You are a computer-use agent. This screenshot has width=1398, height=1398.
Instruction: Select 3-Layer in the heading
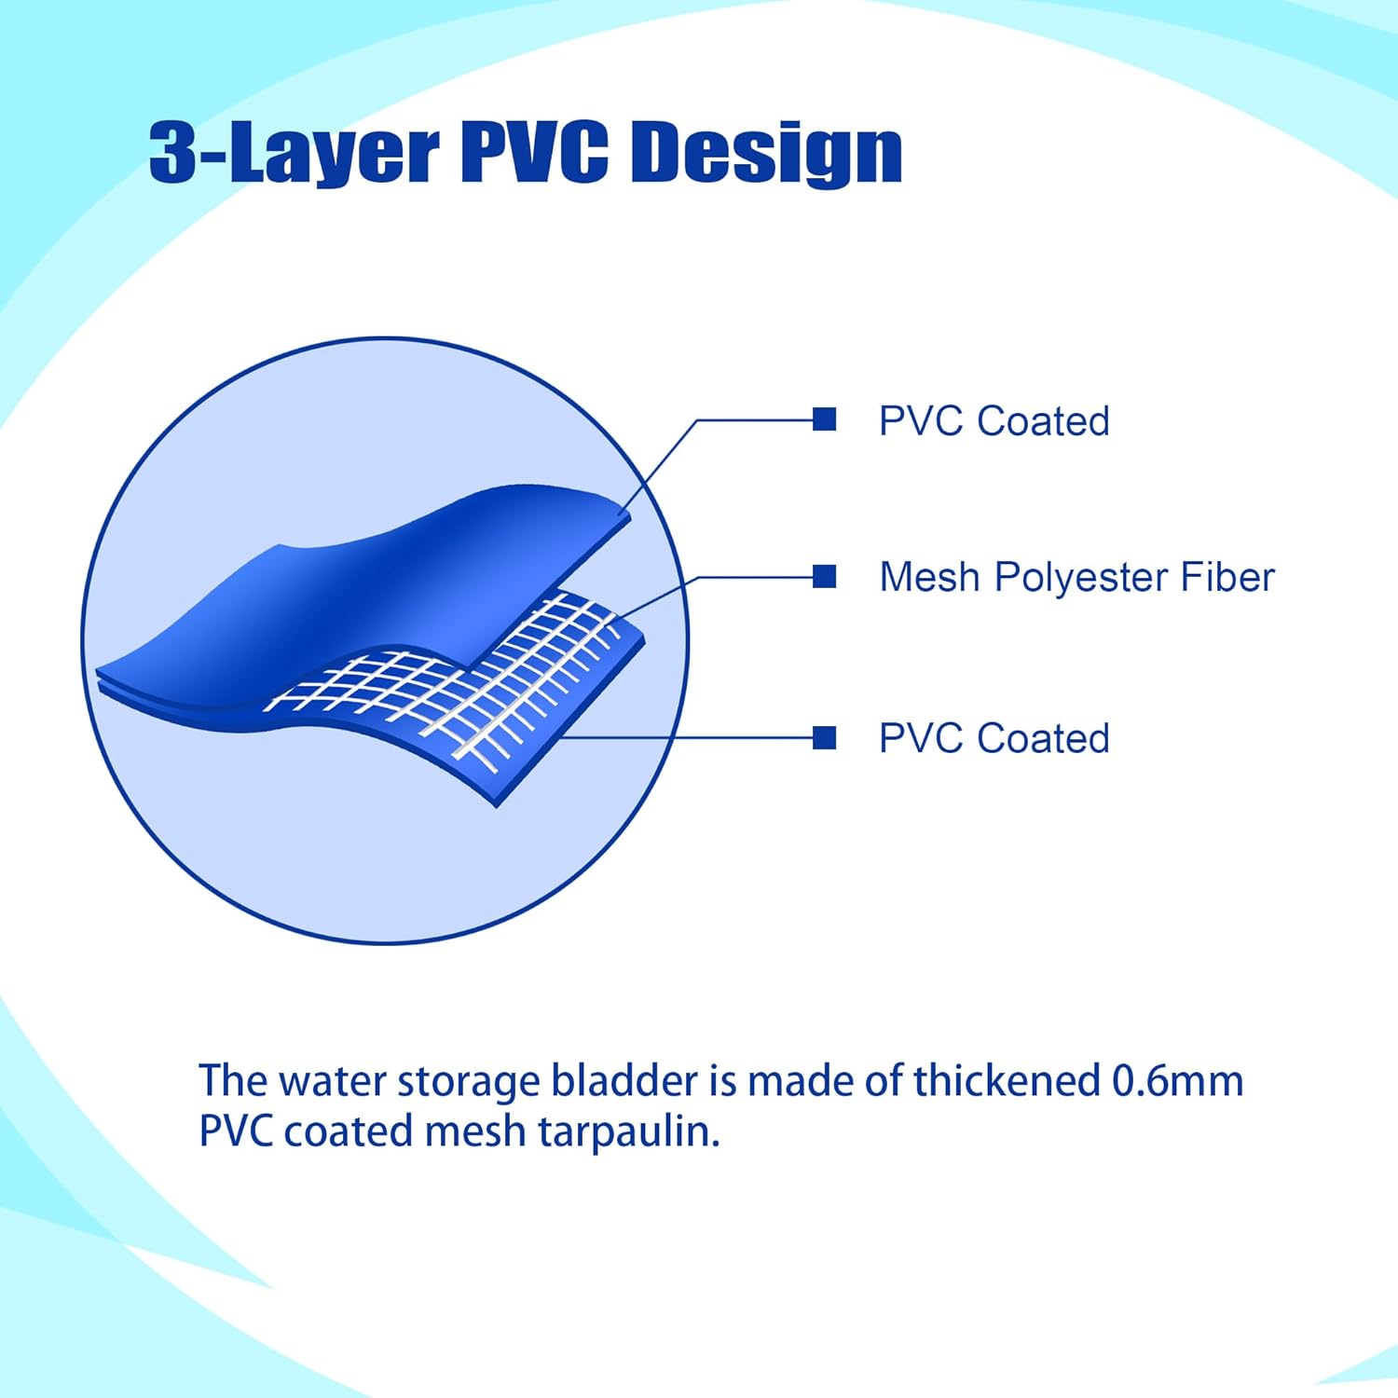tap(295, 154)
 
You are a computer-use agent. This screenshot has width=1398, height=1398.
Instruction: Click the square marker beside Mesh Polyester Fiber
tap(824, 577)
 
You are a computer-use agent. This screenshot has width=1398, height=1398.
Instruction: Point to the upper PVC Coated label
tap(994, 421)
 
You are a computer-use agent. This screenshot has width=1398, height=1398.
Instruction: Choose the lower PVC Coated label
tap(994, 738)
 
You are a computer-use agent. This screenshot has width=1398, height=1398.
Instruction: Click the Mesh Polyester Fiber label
tap(1076, 578)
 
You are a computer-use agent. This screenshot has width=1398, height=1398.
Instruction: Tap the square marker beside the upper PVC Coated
tap(824, 419)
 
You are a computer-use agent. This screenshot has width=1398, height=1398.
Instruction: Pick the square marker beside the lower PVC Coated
tap(824, 738)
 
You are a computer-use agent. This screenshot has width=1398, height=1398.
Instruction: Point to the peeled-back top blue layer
tap(363, 578)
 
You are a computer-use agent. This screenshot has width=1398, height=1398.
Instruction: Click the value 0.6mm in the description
tap(1178, 1081)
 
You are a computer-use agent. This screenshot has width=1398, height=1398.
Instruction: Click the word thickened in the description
tap(1007, 1081)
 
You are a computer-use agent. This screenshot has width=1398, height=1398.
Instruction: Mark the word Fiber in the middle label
tap(1227, 577)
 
